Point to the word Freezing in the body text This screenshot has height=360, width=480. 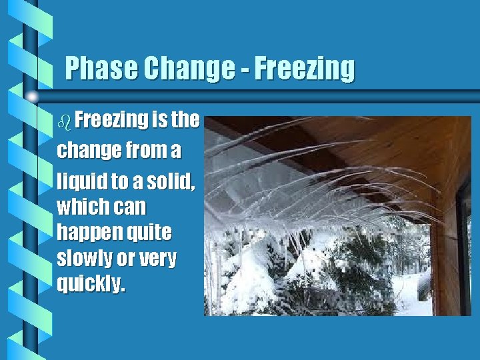point(111,121)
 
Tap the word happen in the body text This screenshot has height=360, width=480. point(85,233)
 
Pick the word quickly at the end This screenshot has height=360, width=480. point(90,285)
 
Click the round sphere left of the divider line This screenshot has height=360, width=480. point(33,97)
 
